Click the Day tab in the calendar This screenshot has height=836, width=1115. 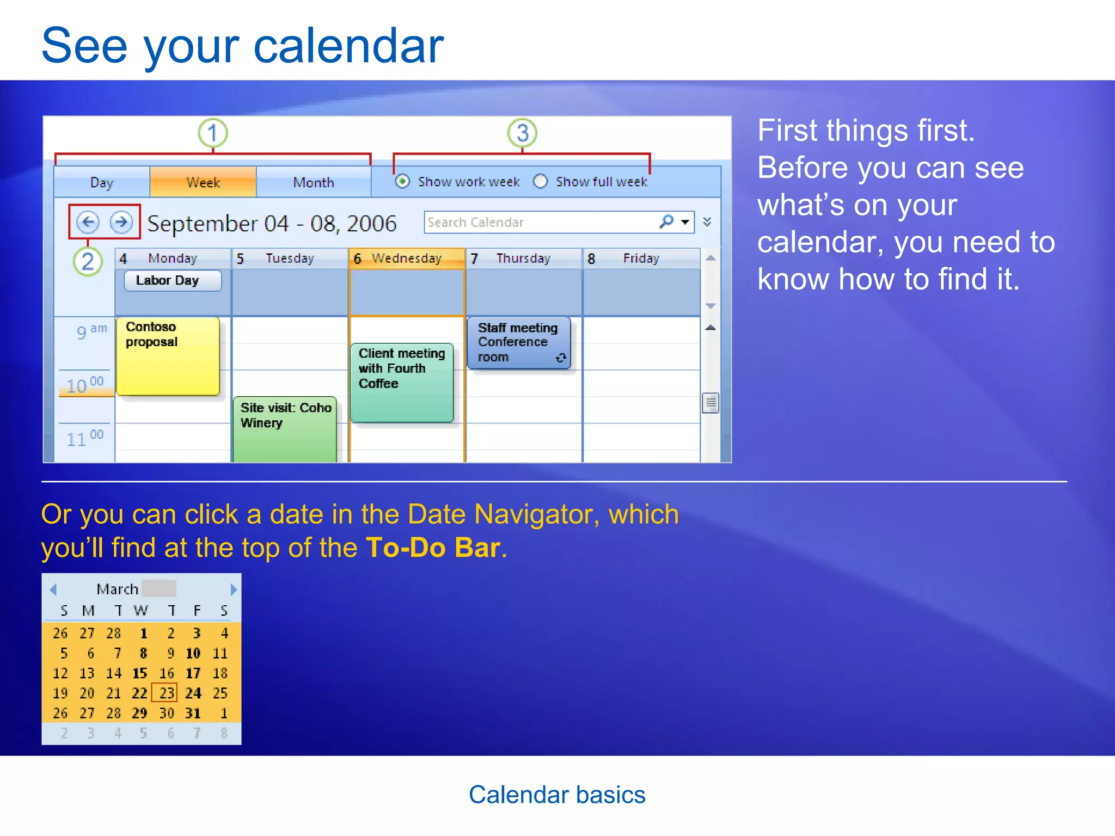pos(102,182)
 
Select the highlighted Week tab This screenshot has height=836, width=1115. pos(203,182)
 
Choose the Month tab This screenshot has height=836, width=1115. pos(314,182)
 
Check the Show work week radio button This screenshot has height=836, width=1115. pos(402,181)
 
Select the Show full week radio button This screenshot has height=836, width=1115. pos(540,181)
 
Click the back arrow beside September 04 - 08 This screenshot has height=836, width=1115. pos(88,222)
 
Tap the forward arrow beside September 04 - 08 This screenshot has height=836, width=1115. pos(121,222)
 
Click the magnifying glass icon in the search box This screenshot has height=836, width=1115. pos(666,222)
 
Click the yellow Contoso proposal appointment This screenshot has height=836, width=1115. pos(168,356)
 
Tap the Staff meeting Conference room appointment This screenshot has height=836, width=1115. pos(518,343)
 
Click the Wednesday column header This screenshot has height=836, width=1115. pos(406,259)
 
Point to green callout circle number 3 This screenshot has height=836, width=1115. pos(522,133)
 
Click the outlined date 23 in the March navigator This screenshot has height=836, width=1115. pos(166,693)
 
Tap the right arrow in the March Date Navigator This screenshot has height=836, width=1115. pos(234,589)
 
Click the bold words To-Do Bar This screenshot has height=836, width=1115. pos(433,548)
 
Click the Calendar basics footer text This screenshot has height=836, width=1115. pos(557,795)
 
